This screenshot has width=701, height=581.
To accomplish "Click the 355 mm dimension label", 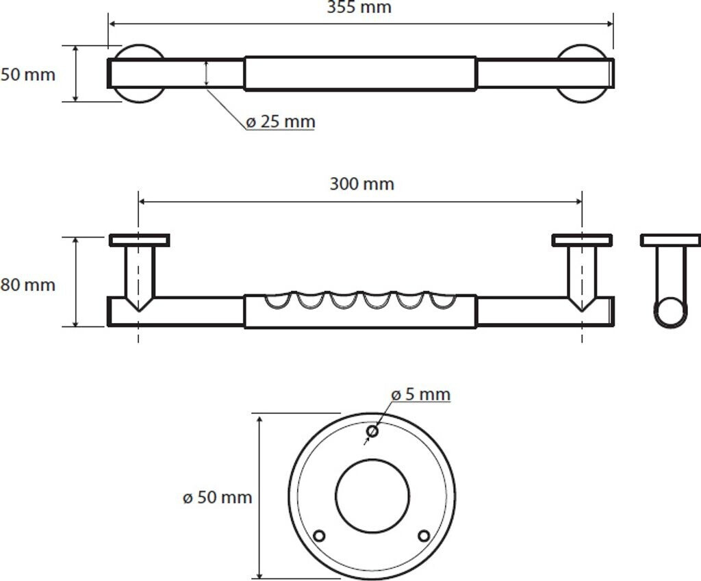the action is point(359,8).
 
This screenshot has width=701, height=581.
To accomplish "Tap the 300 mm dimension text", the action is point(361,184).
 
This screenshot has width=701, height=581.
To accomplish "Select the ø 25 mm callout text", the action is point(280,122).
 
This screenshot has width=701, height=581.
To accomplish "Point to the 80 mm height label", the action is point(27,284).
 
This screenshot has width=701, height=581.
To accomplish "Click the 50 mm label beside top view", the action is point(27,74).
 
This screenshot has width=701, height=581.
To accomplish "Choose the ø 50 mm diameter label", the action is point(218,498).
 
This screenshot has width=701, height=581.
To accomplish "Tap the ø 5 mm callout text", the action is point(421,394).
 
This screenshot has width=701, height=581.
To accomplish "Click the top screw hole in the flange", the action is point(372,431).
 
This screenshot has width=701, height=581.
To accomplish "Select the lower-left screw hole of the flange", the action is point(318,535).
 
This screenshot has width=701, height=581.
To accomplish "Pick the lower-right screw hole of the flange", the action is point(424,535).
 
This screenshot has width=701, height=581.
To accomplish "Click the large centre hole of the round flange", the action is point(372,496).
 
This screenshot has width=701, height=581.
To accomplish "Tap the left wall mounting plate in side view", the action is point(139,240).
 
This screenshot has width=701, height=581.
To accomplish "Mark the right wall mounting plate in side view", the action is point(582,240).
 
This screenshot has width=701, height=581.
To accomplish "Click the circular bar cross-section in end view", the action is point(670,312).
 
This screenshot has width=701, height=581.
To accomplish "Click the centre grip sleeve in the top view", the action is point(360,73).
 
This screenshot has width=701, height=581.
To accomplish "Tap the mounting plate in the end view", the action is point(670,240).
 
